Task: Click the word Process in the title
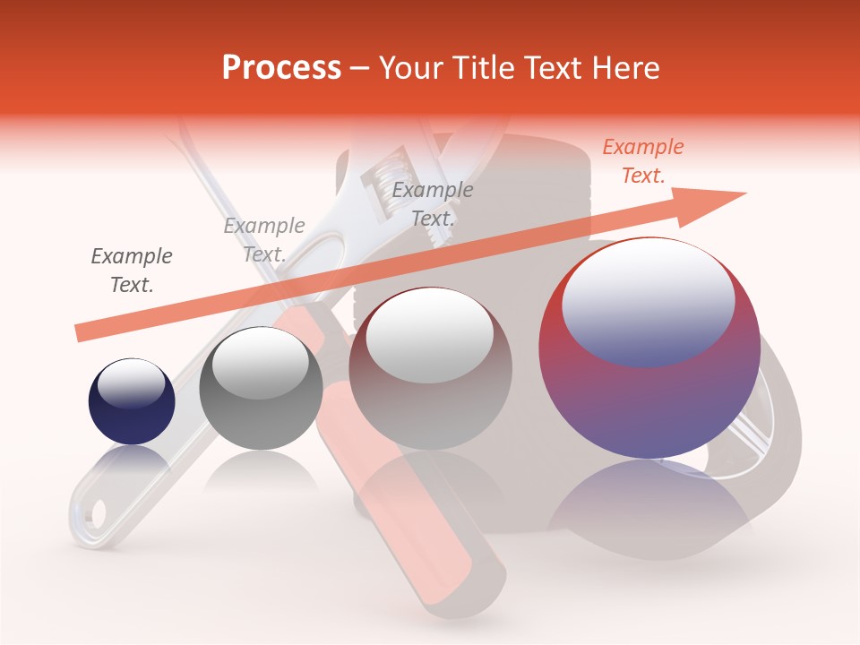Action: point(281,67)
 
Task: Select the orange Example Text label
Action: point(642,161)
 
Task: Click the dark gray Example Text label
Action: point(132,271)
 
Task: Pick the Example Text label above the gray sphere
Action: point(264,240)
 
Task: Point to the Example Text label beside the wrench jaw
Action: point(433,204)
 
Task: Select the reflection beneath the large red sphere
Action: point(649,506)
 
